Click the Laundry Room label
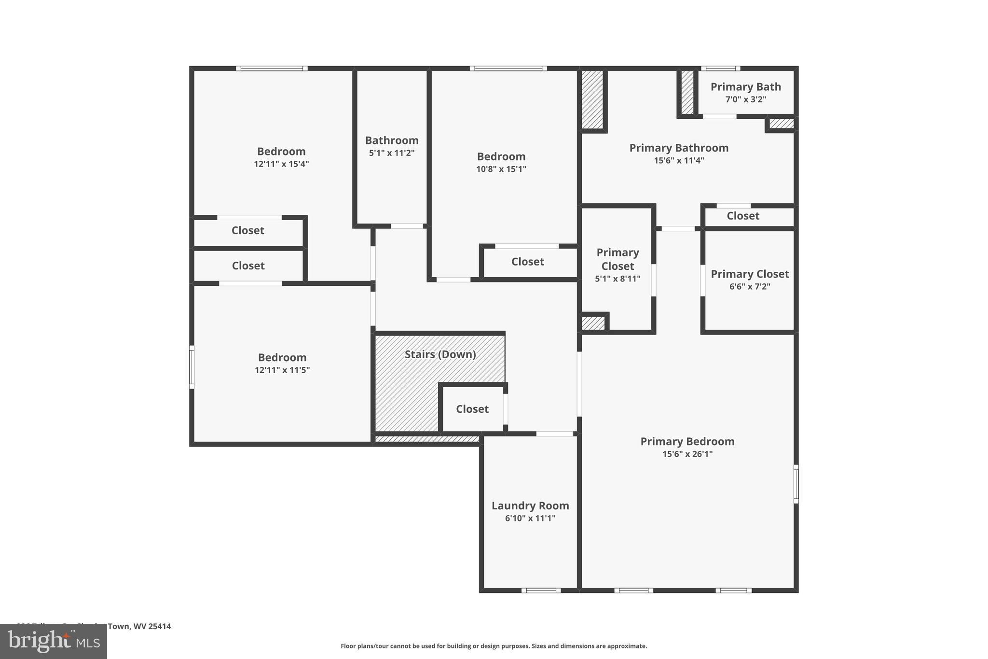pos(530,505)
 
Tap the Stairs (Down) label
pos(440,354)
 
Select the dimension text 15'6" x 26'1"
pos(687,454)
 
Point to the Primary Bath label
pos(745,87)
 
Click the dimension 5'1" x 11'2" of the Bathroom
pos(392,153)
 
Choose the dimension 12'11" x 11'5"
pos(282,370)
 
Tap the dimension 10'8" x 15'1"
pos(501,169)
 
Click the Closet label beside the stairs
pos(472,409)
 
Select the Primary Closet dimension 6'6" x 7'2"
pos(750,286)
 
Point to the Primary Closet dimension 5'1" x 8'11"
pos(617,279)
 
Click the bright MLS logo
pos(54,642)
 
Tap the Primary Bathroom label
pos(679,148)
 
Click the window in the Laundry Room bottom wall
pos(541,590)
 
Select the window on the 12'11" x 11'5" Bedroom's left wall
pos(192,367)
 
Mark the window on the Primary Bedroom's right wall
pos(796,484)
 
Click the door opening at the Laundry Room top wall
pos(555,434)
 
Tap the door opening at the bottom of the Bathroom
pos(407,226)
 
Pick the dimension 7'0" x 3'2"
pos(745,99)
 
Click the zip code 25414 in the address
pos(159,626)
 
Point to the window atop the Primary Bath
pos(720,69)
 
